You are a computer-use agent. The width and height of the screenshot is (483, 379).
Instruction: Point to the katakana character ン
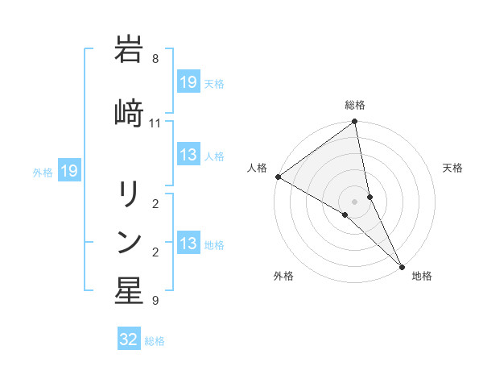click(128, 243)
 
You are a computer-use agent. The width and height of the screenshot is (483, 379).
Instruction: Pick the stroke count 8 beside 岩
click(155, 59)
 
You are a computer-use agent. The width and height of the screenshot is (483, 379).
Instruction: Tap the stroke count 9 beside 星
click(155, 301)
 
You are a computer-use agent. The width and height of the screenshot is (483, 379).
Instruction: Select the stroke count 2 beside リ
click(155, 203)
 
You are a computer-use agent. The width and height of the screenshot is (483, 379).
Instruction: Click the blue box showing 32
click(129, 339)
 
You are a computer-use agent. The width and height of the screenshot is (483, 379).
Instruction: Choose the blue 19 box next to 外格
click(68, 171)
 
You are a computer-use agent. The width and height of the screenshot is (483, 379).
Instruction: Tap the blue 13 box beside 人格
click(188, 156)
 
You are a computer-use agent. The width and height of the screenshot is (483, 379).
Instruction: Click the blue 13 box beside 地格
click(188, 244)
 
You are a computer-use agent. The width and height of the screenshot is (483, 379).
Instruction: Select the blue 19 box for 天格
click(188, 82)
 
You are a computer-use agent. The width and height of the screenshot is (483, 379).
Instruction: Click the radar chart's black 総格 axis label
click(355, 105)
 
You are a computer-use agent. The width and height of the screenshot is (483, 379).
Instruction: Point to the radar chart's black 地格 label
click(422, 276)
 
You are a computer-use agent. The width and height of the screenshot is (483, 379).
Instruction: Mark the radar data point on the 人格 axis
click(278, 177)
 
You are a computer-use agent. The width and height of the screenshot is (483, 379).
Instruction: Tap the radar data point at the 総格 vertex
click(355, 123)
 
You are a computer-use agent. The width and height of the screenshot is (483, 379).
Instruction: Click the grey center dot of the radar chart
click(355, 202)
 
